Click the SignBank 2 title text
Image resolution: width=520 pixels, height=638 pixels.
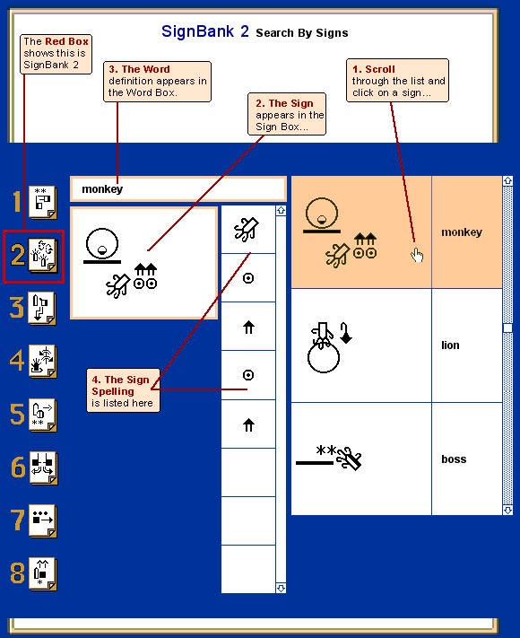(205, 31)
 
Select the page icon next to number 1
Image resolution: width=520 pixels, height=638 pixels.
(43, 202)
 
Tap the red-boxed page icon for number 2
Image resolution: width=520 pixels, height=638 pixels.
(43, 255)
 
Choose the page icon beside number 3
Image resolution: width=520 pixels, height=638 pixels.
(42, 308)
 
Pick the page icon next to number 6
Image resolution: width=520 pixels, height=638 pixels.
(43, 468)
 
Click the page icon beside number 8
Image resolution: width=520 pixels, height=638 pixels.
(43, 573)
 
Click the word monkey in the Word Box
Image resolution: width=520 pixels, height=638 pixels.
(102, 189)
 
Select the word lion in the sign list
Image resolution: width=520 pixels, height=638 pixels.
(450, 345)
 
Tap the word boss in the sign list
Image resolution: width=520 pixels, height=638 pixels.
(454, 459)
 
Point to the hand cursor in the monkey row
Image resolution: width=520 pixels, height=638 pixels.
(417, 255)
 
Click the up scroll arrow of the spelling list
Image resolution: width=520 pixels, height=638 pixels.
(281, 210)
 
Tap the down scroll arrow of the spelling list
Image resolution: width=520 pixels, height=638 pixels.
(281, 588)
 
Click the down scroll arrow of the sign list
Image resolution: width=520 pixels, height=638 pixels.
(507, 510)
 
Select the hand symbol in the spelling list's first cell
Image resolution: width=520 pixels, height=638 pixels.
(247, 230)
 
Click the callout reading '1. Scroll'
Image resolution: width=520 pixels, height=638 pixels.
(398, 80)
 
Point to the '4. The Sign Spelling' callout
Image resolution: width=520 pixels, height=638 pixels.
(123, 390)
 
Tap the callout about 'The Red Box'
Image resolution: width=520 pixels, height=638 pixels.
(56, 54)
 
